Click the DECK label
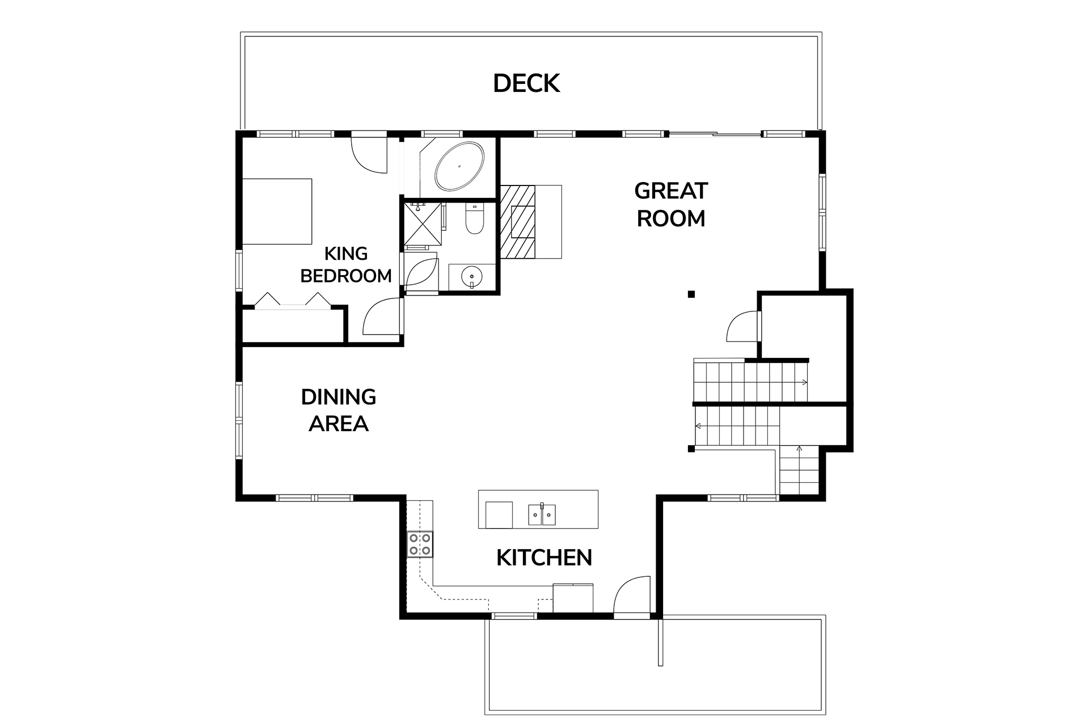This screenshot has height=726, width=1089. [x=526, y=83]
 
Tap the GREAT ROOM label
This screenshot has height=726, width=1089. [x=671, y=205]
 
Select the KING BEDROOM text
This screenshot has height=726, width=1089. [x=346, y=264]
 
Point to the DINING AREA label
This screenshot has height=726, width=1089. [x=339, y=410]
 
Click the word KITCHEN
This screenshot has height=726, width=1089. [x=544, y=558]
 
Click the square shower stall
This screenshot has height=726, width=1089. [x=422, y=224]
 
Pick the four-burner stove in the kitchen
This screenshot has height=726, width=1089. [x=420, y=544]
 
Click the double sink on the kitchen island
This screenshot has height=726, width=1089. [x=542, y=515]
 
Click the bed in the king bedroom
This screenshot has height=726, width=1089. [x=277, y=212]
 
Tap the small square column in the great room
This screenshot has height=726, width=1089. [x=691, y=294]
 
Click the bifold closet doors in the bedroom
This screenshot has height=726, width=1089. [x=293, y=301]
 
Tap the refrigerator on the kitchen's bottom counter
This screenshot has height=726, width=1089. [x=573, y=598]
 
